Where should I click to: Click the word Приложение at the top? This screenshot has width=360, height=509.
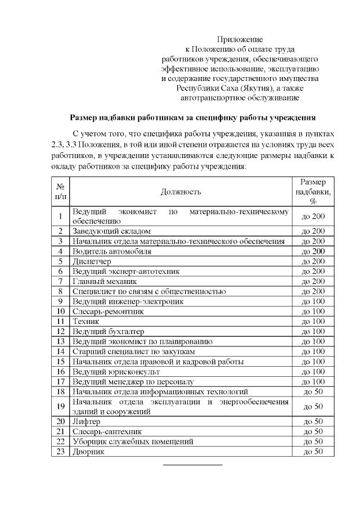tap(240, 39)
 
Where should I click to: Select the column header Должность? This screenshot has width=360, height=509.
tap(181, 192)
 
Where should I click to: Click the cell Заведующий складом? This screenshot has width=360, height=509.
tap(111, 231)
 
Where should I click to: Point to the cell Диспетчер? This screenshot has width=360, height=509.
tap(92, 262)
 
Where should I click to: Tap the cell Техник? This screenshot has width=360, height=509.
tap(85, 321)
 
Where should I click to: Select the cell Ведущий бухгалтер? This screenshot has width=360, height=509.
tap(108, 331)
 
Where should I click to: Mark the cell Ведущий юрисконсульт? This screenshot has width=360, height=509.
tap(116, 371)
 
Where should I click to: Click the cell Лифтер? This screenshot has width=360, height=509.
tap(86, 421)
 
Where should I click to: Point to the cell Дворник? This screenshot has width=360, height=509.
tap(88, 452)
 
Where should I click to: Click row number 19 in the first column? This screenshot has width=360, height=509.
tap(60, 406)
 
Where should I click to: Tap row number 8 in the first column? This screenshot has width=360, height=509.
tap(60, 291)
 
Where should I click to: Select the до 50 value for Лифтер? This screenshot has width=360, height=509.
tap(313, 421)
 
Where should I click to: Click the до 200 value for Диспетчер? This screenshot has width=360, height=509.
tap(313, 262)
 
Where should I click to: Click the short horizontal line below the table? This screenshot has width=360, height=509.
tap(192, 465)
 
